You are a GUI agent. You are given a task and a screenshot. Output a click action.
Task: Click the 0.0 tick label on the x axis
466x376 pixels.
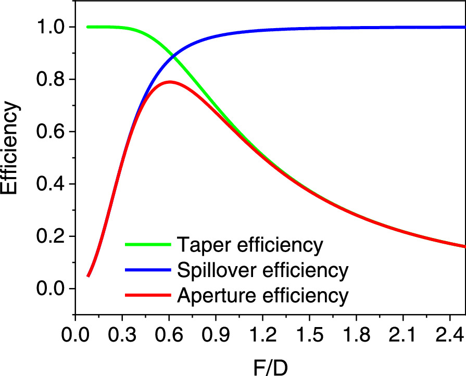click(x=75, y=333)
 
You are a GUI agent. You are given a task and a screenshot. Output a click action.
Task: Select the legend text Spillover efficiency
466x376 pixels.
click(x=261, y=270)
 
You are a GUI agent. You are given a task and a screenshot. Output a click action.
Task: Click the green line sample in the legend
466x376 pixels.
click(x=148, y=244)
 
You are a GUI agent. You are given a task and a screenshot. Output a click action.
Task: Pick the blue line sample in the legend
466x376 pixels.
click(x=148, y=270)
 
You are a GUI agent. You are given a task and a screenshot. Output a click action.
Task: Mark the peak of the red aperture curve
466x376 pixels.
click(x=169, y=82)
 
